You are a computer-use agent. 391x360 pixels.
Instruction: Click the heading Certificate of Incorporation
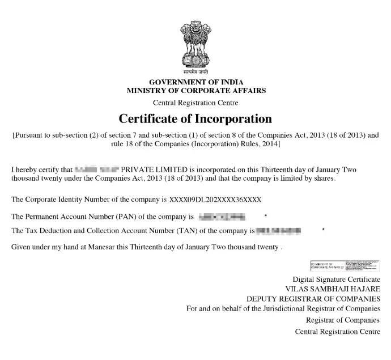[195, 119]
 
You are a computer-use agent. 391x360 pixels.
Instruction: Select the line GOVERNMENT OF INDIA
[195, 82]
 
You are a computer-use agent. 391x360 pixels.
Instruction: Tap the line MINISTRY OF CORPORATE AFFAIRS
[195, 91]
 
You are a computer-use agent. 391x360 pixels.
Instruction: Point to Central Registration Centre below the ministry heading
[195, 103]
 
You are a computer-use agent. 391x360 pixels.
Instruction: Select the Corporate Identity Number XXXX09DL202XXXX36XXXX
[215, 200]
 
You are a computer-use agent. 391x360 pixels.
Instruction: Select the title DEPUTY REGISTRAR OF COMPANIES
[313, 298]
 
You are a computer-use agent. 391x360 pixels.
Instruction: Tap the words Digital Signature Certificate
[337, 279]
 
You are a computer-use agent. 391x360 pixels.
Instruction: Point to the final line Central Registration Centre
[338, 332]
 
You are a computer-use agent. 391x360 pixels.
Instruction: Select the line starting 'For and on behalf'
[283, 308]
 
